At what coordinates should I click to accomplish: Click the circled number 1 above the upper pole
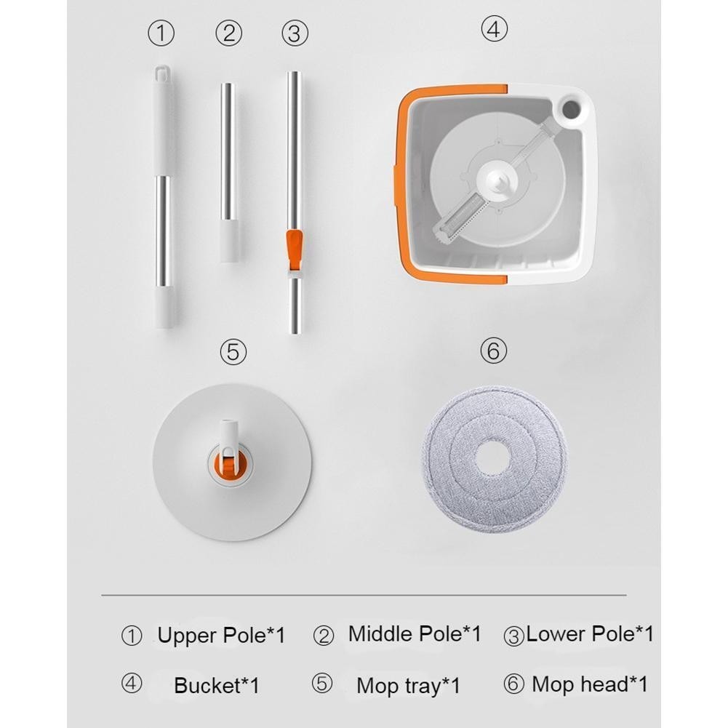[161, 33]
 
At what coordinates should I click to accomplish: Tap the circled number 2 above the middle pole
[229, 33]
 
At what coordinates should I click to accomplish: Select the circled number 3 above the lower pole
[295, 33]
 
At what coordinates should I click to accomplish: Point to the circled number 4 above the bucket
[494, 29]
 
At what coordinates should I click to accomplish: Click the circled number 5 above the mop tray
[233, 351]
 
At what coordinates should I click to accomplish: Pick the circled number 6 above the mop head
[493, 351]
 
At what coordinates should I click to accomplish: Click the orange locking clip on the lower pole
[295, 249]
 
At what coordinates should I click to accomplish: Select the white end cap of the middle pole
[229, 241]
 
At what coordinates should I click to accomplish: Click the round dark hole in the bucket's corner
[571, 109]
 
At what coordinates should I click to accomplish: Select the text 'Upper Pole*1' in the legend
[221, 636]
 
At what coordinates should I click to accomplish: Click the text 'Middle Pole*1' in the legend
[415, 634]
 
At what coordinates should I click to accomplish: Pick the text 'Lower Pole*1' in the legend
[590, 634]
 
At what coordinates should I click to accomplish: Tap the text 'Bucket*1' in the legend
[216, 686]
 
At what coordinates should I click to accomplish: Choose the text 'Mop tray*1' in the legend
[409, 686]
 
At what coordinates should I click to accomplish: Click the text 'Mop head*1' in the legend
[590, 684]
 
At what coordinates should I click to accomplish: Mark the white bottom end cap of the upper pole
[164, 307]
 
